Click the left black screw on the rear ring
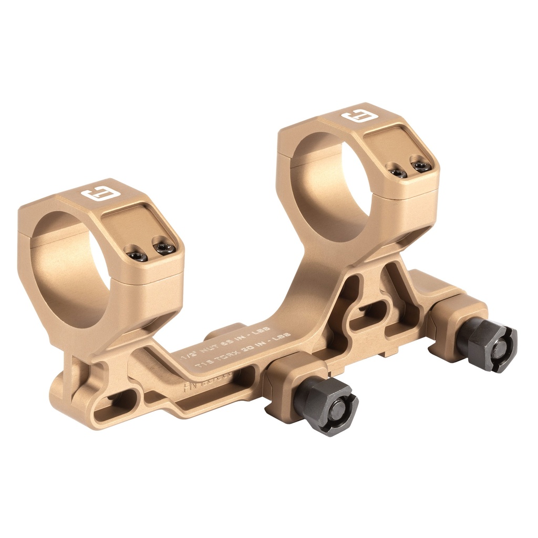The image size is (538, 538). pos(397,171)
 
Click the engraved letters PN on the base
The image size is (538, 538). pos(188,388)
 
